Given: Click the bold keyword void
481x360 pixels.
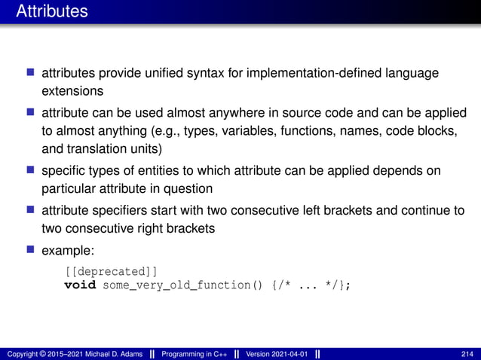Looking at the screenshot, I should click(80, 285).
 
